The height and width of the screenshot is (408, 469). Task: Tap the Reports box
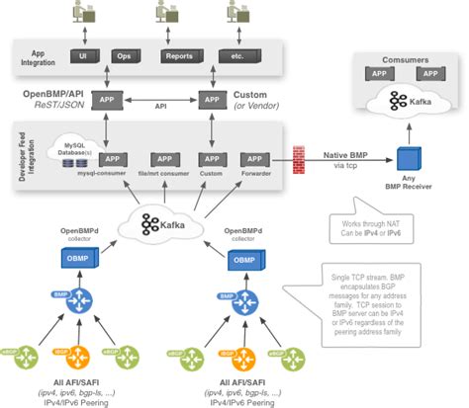point(177,56)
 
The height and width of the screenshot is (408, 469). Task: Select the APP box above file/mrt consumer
point(162,159)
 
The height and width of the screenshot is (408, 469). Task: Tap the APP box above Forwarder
point(255,159)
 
